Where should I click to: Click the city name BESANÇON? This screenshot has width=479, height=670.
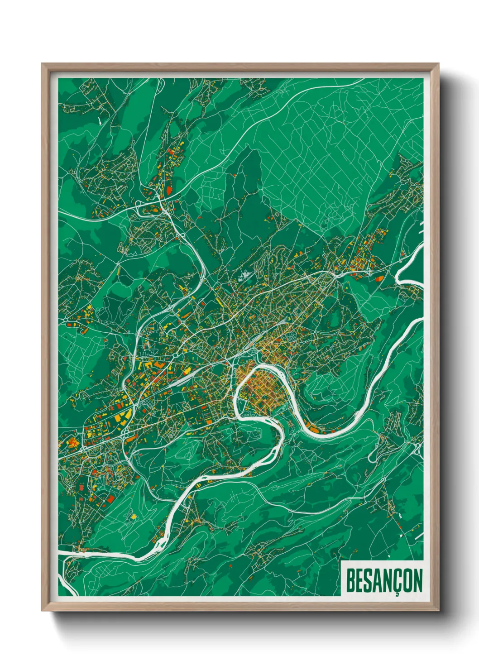pyautogui.click(x=384, y=581)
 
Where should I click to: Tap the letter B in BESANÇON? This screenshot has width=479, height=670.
pyautogui.click(x=350, y=581)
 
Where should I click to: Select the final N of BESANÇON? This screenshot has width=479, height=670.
pyautogui.click(x=417, y=581)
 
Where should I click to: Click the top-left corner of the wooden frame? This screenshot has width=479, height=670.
pyautogui.click(x=42, y=64)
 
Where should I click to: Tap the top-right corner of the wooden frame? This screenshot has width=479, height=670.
pyautogui.click(x=438, y=64)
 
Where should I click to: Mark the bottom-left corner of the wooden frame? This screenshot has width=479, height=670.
pyautogui.click(x=42, y=611)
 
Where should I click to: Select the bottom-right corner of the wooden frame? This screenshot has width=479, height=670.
pyautogui.click(x=438, y=611)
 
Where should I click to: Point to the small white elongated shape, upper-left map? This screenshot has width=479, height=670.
pyautogui.click(x=99, y=120)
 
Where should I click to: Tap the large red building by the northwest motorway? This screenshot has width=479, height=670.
pyautogui.click(x=169, y=191)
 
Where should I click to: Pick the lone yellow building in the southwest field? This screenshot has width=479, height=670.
pyautogui.click(x=134, y=516)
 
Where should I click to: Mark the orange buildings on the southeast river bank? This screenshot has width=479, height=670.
pyautogui.click(x=317, y=428)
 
